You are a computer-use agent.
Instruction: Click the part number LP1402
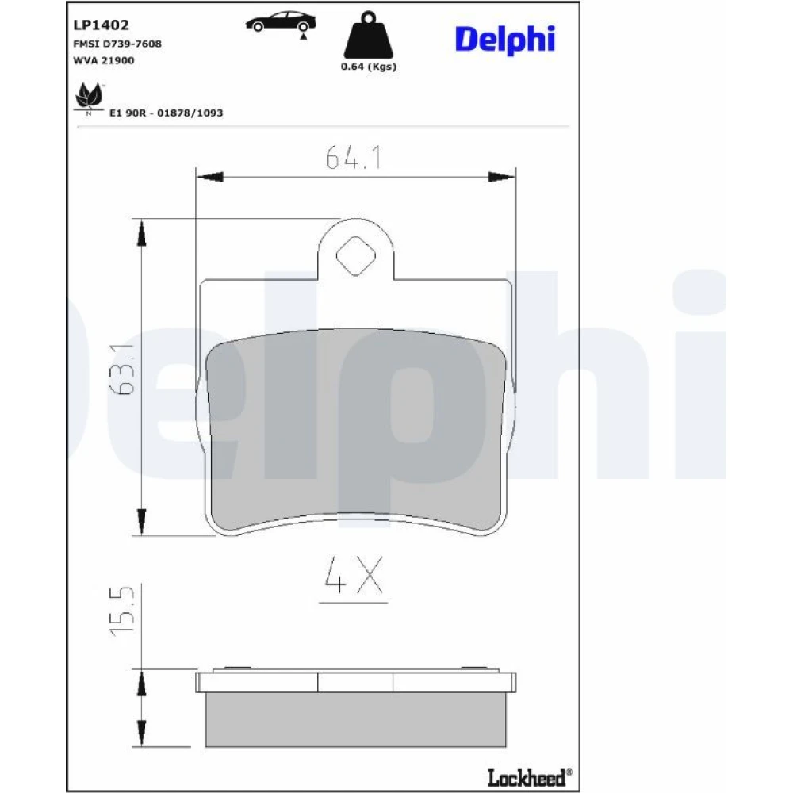point(102,25)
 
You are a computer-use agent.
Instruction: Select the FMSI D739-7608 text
point(117,44)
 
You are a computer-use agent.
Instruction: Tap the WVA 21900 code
point(104,60)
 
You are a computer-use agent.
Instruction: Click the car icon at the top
point(282,21)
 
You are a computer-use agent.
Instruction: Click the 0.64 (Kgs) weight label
point(368,67)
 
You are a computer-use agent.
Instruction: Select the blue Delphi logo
point(504,40)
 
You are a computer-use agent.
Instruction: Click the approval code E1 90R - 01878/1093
point(167,113)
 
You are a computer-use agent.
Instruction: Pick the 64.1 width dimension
point(353,157)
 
